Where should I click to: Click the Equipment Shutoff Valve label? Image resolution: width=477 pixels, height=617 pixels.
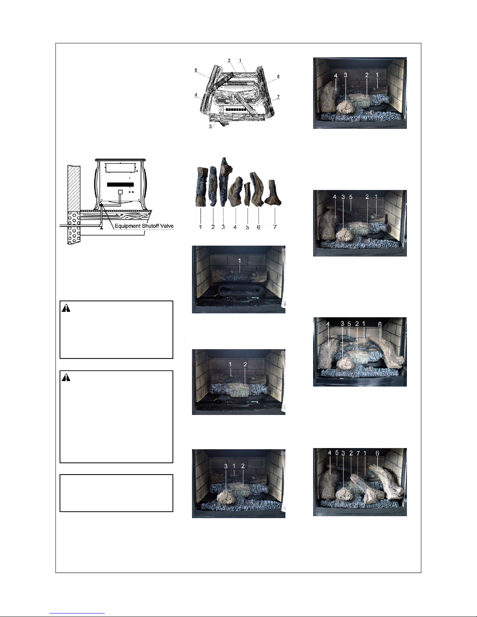(144, 226)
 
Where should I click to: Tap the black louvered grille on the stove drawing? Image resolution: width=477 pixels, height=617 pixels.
(120, 185)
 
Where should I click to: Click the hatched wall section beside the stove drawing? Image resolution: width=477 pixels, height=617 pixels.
(74, 188)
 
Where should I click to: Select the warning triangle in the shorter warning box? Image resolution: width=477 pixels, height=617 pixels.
(66, 308)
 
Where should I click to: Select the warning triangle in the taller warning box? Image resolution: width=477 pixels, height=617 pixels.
(66, 377)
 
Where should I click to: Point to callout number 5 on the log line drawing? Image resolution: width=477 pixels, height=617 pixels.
(196, 70)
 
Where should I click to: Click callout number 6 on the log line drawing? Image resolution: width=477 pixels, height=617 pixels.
(278, 76)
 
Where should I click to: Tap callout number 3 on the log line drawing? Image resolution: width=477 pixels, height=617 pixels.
(210, 127)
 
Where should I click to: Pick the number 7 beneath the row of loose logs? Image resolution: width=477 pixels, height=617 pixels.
(275, 227)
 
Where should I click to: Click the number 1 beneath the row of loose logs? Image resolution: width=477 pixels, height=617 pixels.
(201, 227)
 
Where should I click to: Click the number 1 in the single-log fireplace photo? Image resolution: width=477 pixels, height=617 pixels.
(239, 261)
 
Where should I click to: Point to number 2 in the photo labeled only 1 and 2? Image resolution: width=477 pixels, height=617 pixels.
(245, 364)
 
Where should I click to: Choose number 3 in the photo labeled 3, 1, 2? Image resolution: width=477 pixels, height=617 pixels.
(226, 466)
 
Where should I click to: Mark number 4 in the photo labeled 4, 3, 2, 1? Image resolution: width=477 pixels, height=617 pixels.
(336, 76)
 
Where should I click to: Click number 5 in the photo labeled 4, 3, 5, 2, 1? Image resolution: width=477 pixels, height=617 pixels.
(351, 197)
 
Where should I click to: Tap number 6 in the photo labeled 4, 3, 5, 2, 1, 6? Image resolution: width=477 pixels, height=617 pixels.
(380, 324)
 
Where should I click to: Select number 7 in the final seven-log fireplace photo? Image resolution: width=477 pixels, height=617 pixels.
(358, 454)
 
